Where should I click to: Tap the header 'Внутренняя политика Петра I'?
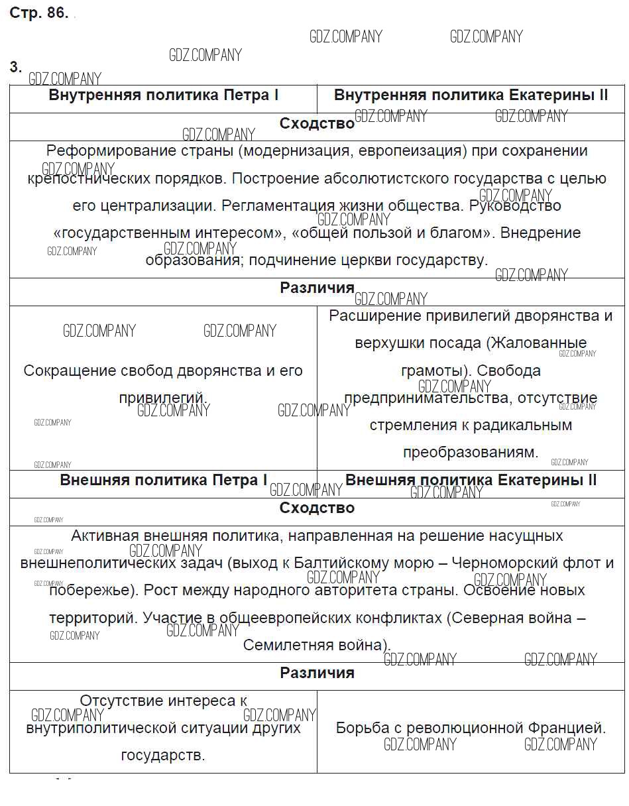click(x=164, y=95)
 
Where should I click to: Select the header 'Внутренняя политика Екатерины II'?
click(x=471, y=95)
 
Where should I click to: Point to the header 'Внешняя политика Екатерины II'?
click(x=471, y=480)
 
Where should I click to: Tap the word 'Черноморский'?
click(x=503, y=563)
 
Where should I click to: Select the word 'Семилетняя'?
click(x=283, y=645)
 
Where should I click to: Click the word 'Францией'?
click(x=567, y=728)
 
